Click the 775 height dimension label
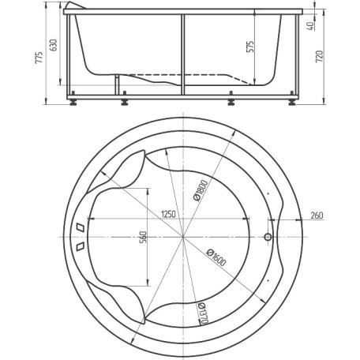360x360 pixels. coord(39,58)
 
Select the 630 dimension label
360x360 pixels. coord(54,45)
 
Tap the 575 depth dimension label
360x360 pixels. coord(250,47)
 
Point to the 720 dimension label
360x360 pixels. coord(319,57)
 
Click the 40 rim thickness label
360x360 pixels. coord(310,26)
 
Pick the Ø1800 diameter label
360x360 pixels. coord(201,190)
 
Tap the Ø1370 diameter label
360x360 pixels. coord(204,313)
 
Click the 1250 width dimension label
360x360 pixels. coord(168,214)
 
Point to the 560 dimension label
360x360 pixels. coord(144,237)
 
